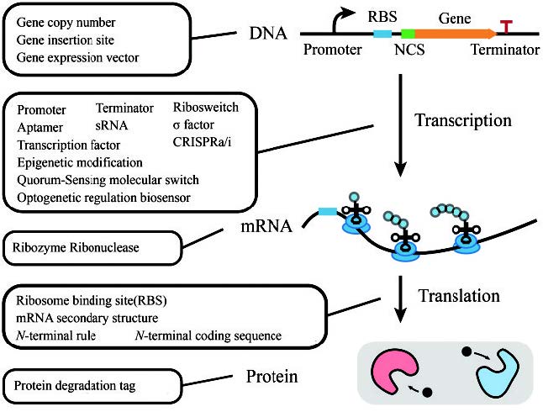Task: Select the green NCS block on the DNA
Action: (x=408, y=34)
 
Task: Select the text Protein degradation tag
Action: (x=77, y=384)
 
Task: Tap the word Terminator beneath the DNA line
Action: (x=506, y=50)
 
